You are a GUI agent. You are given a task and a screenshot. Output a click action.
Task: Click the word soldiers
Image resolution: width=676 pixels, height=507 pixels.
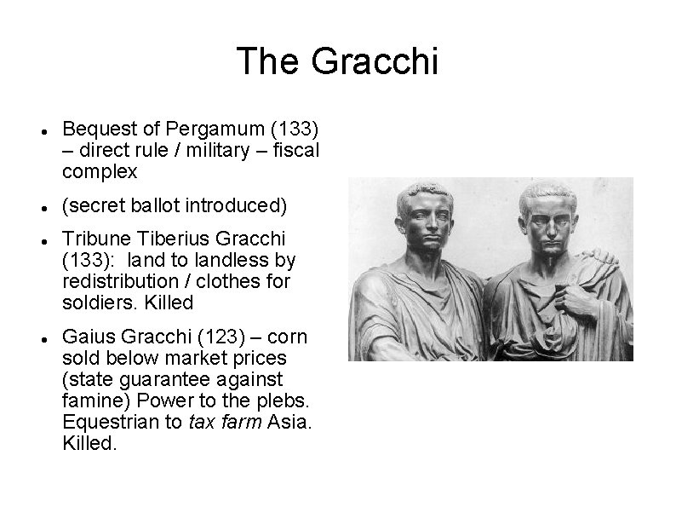point(94,302)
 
